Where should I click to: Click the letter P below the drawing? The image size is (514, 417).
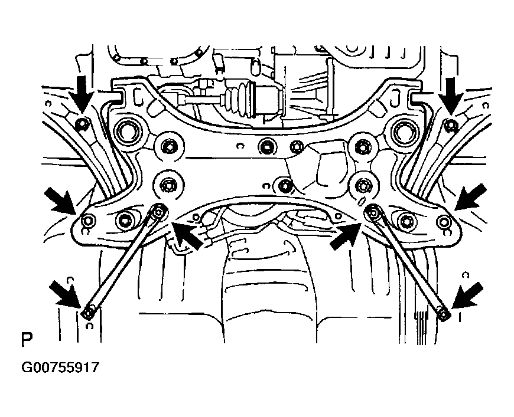26,340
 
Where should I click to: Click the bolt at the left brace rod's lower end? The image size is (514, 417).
87,312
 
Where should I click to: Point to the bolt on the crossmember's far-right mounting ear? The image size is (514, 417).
445,221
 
